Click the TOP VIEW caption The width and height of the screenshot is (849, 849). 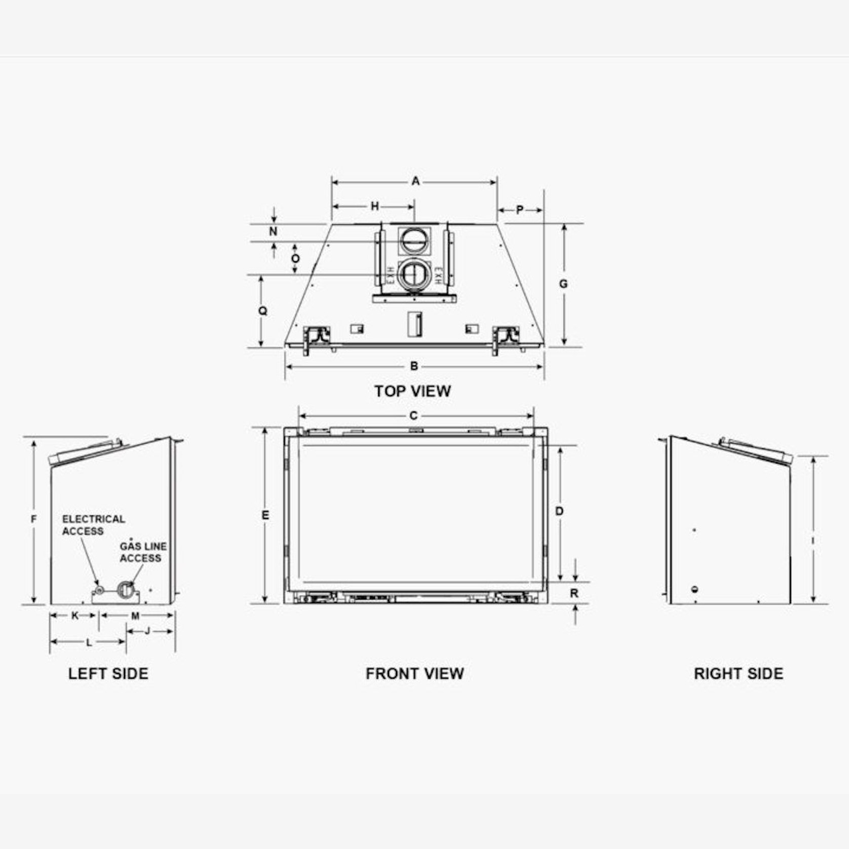(x=412, y=391)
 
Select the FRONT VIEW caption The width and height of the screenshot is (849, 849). (x=415, y=674)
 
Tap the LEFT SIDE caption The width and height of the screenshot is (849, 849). (x=108, y=674)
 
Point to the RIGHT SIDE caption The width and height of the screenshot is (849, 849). (x=739, y=674)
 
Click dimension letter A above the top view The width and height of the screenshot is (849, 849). (x=415, y=181)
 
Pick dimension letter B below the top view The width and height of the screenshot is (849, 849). (x=414, y=366)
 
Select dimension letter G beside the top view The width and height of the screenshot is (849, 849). (x=563, y=284)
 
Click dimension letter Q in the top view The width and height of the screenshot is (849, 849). (x=262, y=311)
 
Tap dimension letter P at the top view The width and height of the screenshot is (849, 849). (x=520, y=210)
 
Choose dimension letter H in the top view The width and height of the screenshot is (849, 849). (x=375, y=206)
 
